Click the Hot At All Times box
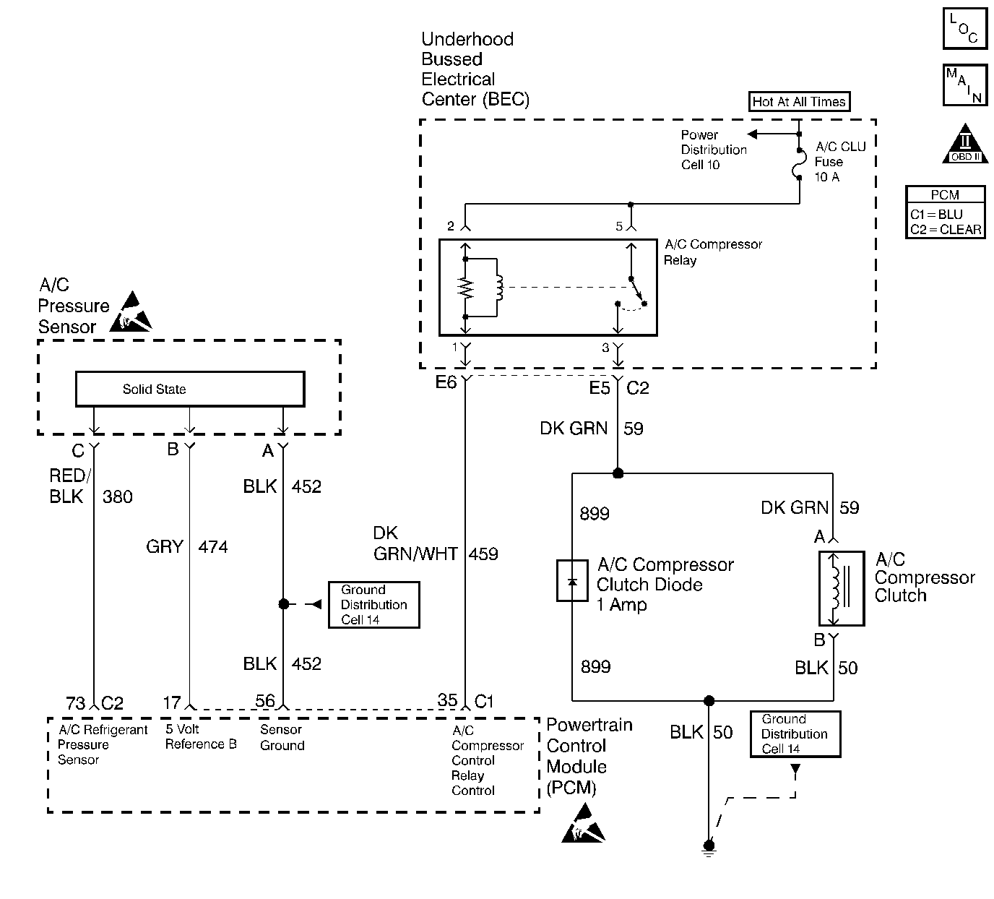tap(799, 102)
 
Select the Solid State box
tap(190, 389)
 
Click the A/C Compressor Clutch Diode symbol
tap(572, 581)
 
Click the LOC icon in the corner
tap(965, 28)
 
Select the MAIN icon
tap(965, 85)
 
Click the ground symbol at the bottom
tap(709, 848)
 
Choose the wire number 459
tap(483, 554)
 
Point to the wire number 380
tap(118, 497)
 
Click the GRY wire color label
tap(165, 547)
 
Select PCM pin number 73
tap(75, 703)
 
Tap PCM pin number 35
tap(447, 700)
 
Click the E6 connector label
tap(446, 383)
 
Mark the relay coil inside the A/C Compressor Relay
tap(497, 287)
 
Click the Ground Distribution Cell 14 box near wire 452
tap(373, 605)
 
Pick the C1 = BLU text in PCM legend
tap(936, 215)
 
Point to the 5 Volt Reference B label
tap(200, 737)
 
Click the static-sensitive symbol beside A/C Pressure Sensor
tap(131, 312)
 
